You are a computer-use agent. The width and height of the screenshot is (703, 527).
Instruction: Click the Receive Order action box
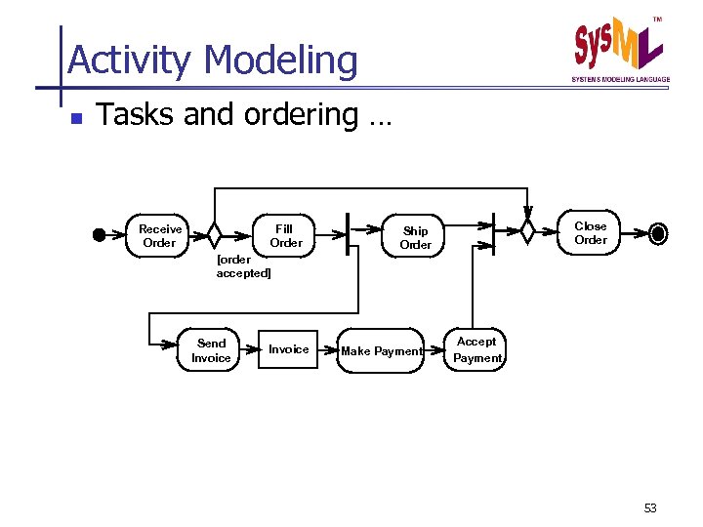[159, 235]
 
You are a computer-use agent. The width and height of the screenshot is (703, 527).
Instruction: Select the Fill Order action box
[285, 235]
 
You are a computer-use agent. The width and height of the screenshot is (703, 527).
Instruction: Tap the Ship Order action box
[415, 237]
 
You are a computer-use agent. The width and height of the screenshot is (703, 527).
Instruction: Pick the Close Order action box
[590, 233]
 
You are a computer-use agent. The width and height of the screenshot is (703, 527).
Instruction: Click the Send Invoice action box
[211, 350]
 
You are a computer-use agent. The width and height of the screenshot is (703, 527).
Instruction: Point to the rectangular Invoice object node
[288, 349]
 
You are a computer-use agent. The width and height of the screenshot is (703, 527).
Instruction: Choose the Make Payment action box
[381, 350]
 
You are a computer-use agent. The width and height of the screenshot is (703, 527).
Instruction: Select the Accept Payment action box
[476, 349]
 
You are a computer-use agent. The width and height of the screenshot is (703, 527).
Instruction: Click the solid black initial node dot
[99, 234]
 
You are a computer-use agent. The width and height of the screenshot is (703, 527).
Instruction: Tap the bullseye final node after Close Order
[658, 233]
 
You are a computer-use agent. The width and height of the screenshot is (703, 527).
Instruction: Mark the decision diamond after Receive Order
[215, 234]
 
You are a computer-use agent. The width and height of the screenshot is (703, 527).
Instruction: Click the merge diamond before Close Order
[527, 232]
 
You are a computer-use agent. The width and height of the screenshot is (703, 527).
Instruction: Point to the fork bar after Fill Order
[349, 233]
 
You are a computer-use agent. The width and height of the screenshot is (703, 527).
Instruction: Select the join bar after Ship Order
[494, 233]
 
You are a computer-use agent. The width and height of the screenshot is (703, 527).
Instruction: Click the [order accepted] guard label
[243, 266]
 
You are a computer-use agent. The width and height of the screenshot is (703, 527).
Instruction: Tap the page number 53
[651, 507]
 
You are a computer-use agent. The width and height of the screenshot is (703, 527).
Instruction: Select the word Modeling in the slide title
[281, 61]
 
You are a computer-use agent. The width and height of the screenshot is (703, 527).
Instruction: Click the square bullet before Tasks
[74, 118]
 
